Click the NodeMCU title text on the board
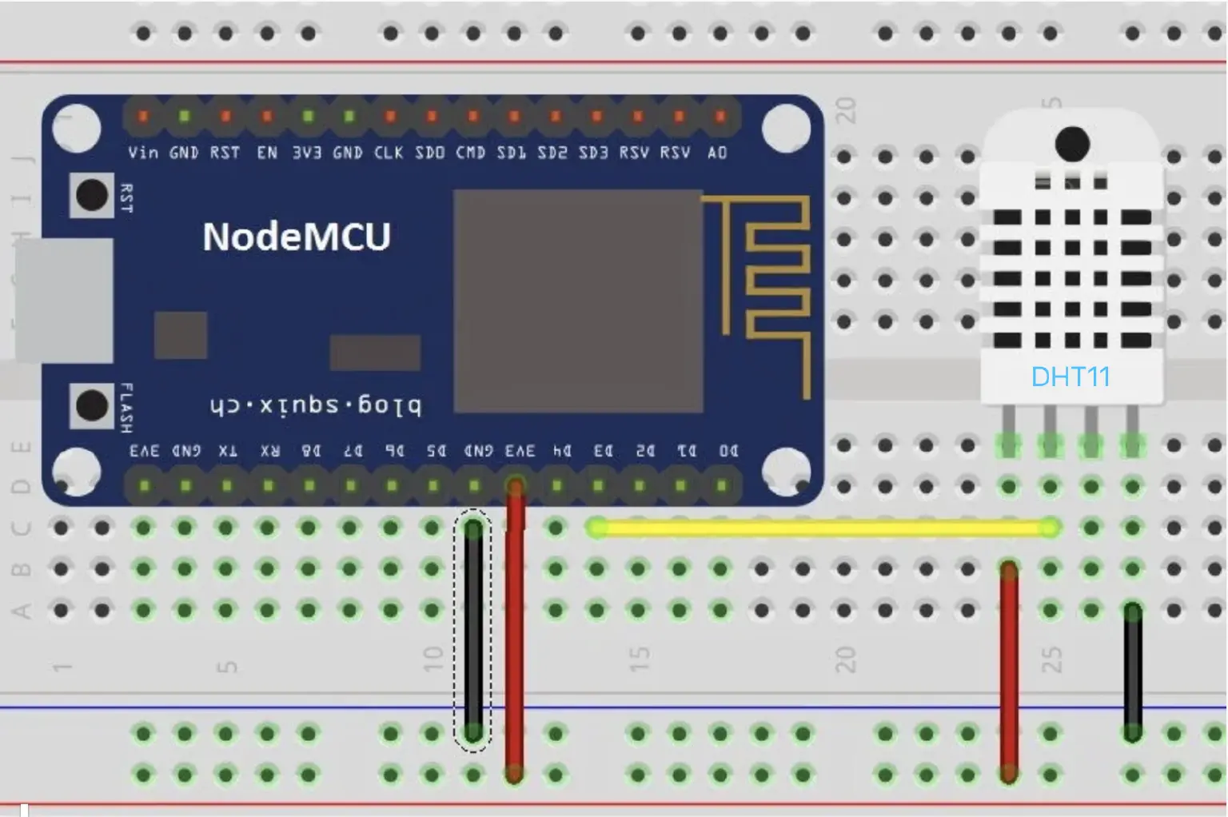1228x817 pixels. tap(297, 237)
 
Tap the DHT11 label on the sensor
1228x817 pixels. tap(1071, 377)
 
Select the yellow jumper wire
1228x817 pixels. tap(823, 528)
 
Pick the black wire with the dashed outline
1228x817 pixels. tap(473, 632)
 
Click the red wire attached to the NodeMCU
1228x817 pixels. tap(515, 632)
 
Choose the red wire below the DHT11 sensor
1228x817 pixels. tap(1009, 672)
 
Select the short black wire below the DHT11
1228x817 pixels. tap(1132, 672)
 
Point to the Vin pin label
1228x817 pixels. tap(143, 152)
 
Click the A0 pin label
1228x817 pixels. tap(717, 152)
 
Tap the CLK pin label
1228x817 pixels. tap(389, 152)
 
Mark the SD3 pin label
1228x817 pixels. tap(593, 152)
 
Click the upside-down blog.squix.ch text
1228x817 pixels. tap(315, 406)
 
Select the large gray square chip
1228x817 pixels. tap(578, 301)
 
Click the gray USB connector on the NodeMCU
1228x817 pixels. tap(64, 301)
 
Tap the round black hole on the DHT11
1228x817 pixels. tap(1072, 144)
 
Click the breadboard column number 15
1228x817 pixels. tap(640, 659)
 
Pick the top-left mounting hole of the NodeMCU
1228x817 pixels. tap(77, 128)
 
